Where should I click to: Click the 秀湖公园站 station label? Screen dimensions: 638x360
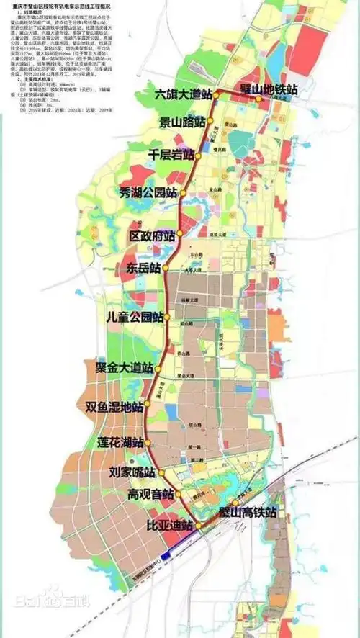(x=150, y=192)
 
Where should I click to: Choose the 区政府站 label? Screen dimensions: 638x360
(x=153, y=235)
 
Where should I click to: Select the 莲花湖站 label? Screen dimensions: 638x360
(x=120, y=441)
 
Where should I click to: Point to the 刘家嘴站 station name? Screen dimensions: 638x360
(x=132, y=473)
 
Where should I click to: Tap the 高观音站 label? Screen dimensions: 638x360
(x=150, y=495)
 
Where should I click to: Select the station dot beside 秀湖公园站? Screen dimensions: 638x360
(x=183, y=192)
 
